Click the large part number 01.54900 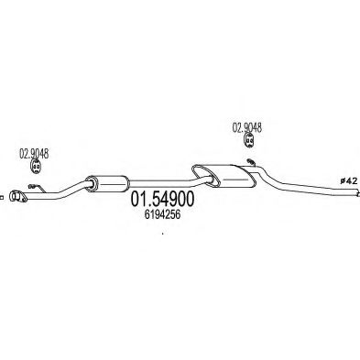click(x=162, y=200)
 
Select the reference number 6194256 click(x=162, y=215)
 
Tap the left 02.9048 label click(x=34, y=154)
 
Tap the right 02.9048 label click(x=247, y=127)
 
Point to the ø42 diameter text click(x=348, y=181)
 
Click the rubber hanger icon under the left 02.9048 click(x=37, y=167)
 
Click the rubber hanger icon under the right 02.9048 click(x=249, y=140)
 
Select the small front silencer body click(x=106, y=184)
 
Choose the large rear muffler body click(x=224, y=176)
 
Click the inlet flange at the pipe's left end click(x=17, y=196)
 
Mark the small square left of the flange click(x=2, y=198)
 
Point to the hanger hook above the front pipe click(x=36, y=187)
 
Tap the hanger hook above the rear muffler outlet click(x=251, y=161)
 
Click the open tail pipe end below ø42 click(x=357, y=193)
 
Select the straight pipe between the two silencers click(x=162, y=183)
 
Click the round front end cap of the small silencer click(x=91, y=184)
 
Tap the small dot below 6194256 click(x=162, y=235)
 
